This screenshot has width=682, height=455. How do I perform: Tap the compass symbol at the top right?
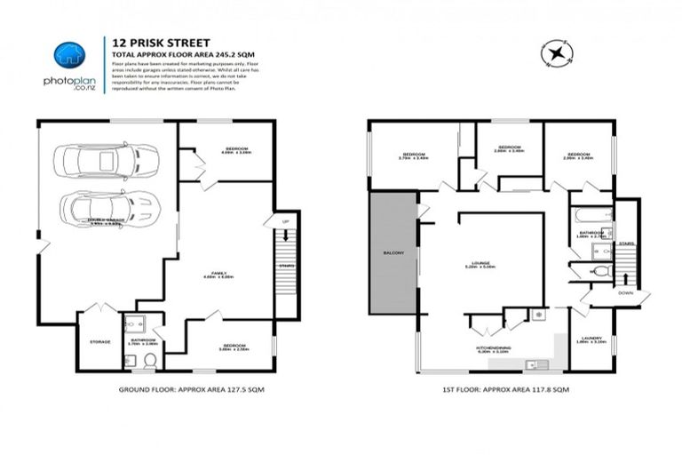tap(557, 54)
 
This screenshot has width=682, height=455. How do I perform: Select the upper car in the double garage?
tap(99, 163)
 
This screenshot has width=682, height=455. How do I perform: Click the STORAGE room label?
tap(99, 341)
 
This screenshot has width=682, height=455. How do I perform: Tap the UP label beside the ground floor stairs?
tap(285, 221)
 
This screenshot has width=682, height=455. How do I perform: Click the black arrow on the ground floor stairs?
tap(285, 238)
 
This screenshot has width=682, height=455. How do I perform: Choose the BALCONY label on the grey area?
tap(394, 254)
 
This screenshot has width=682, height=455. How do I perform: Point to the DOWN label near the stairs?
tap(625, 291)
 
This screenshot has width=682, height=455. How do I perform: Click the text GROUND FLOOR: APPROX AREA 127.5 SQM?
tap(191, 390)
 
